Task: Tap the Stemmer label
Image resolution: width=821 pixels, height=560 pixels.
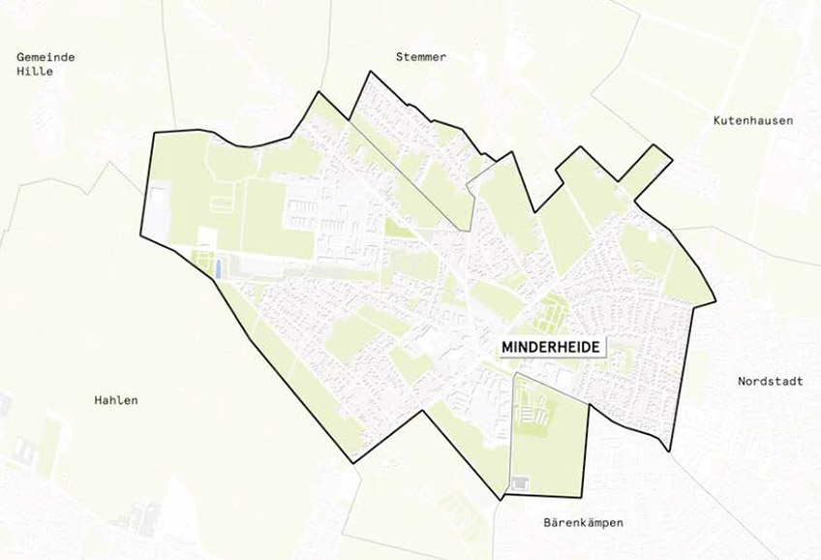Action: [421, 57]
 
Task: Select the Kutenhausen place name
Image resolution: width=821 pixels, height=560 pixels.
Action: [752, 121]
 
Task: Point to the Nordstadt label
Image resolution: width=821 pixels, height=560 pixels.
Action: [770, 381]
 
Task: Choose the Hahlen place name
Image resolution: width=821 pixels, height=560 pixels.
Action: [116, 400]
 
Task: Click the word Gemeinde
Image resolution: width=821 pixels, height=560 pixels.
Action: [46, 57]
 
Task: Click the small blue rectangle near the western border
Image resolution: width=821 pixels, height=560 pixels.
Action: [217, 266]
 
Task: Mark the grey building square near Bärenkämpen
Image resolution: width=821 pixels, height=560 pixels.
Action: [521, 482]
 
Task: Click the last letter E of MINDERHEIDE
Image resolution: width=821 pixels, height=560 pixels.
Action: [595, 346]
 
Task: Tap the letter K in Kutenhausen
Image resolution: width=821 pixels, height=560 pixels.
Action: [716, 121]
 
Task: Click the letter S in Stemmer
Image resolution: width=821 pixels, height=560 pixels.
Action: [399, 57]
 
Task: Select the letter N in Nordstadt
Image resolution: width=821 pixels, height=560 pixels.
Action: [741, 381]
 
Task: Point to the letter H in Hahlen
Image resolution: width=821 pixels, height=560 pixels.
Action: [98, 400]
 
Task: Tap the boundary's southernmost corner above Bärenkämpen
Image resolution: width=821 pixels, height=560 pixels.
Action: [501, 500]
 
